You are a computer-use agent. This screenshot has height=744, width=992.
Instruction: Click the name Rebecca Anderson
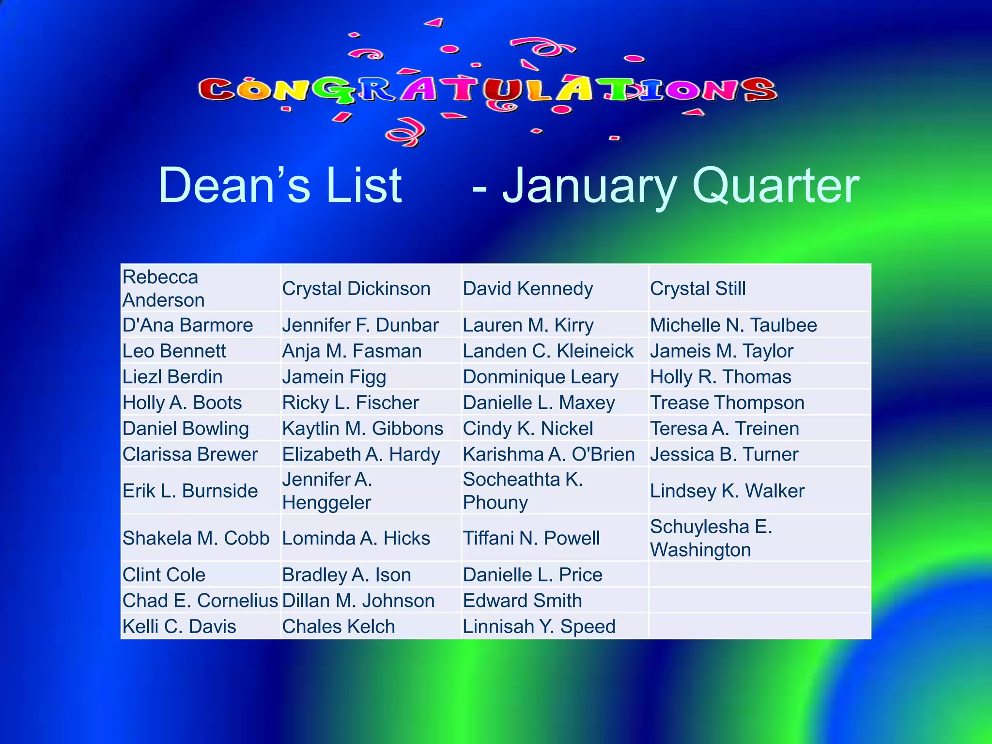coord(163,289)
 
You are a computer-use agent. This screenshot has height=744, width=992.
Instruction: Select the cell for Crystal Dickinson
coord(356,289)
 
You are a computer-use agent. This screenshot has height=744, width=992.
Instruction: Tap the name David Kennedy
coord(527,289)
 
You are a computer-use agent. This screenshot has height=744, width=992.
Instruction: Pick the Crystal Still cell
coord(697,289)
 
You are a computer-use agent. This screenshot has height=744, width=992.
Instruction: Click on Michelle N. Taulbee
coord(733,325)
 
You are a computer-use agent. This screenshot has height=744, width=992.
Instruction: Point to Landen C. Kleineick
coord(548,351)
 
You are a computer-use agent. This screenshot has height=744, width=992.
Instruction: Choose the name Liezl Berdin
coord(172,377)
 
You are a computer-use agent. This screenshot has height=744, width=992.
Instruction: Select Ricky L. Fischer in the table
coord(350,403)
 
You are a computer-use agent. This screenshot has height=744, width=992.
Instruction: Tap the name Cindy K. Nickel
coord(527,429)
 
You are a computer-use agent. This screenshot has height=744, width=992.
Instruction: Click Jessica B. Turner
coord(724,454)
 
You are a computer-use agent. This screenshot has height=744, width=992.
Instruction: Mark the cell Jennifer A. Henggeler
coord(327,491)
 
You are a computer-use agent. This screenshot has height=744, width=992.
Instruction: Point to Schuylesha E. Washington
coord(711,538)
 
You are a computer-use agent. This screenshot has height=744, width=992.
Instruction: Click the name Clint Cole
coord(164,575)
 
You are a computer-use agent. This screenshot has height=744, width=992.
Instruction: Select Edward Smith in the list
coord(522,601)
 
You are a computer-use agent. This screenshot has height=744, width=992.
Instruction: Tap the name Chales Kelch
coord(339,627)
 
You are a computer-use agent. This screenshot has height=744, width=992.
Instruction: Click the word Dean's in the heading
coord(234,186)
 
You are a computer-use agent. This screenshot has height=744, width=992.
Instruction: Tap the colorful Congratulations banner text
coord(487,90)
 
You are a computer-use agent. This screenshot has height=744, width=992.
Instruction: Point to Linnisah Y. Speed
coord(539,627)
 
